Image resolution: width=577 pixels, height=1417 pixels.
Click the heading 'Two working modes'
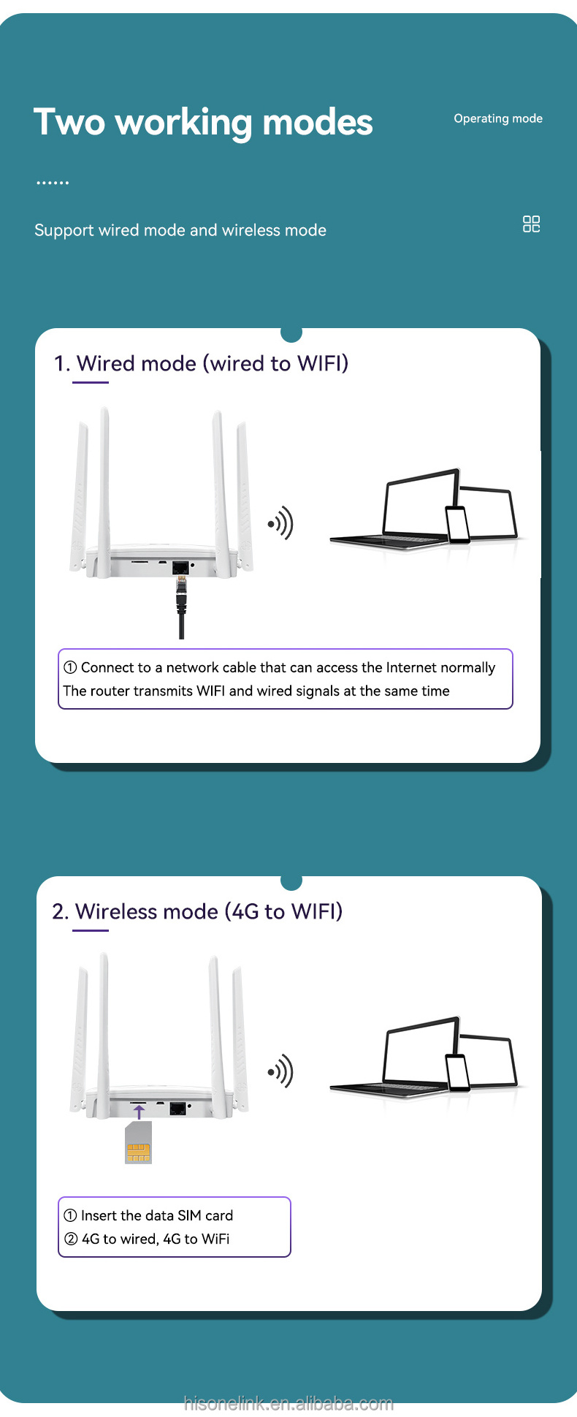pyautogui.click(x=203, y=122)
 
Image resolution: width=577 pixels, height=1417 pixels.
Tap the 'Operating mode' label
pyautogui.click(x=498, y=118)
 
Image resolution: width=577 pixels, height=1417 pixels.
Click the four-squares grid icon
pyautogui.click(x=532, y=224)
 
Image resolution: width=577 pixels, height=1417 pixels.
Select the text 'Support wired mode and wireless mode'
pyautogui.click(x=180, y=230)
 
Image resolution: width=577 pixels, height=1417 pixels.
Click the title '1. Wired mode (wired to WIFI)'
pyautogui.click(x=201, y=363)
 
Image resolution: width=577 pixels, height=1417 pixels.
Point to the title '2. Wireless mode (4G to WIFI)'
pyautogui.click(x=197, y=911)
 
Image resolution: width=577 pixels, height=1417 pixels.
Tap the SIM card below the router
pyautogui.click(x=138, y=1142)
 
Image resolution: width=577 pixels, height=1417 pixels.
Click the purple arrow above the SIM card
pyautogui.click(x=139, y=1112)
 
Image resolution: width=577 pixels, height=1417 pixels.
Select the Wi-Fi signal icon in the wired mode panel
pyautogui.click(x=281, y=523)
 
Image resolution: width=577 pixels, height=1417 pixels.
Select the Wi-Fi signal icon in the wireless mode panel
pyautogui.click(x=281, y=1071)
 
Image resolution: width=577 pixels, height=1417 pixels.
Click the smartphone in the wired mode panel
pyautogui.click(x=458, y=525)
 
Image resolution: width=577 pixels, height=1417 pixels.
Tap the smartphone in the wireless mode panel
pyautogui.click(x=458, y=1072)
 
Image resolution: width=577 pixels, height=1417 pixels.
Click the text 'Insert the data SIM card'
pyautogui.click(x=157, y=1215)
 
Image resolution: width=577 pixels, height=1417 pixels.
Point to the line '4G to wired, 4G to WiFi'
pyautogui.click(x=156, y=1239)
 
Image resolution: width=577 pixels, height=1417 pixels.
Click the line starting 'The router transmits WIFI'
pyautogui.click(x=256, y=691)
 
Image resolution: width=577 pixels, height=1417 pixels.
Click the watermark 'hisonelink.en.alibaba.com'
pyautogui.click(x=288, y=1403)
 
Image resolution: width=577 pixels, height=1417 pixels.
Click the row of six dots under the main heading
pyautogui.click(x=53, y=183)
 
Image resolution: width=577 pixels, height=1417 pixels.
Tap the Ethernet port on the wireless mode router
pyautogui.click(x=177, y=1109)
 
